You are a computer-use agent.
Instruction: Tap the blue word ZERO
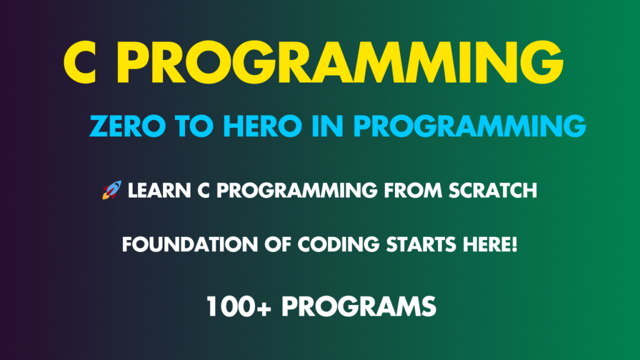click(125, 127)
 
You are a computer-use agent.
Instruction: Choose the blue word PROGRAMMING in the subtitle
click(469, 127)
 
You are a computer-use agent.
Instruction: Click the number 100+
click(239, 306)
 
